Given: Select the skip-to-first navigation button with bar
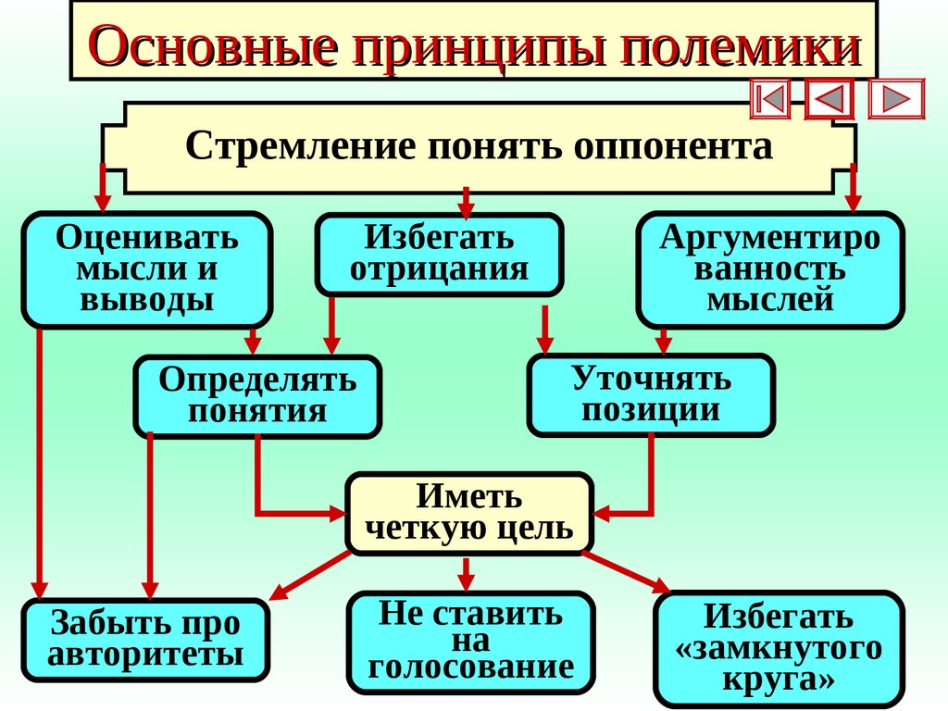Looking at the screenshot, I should [770, 99].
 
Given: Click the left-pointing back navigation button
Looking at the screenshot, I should [830, 99].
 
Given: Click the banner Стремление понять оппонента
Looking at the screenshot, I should [479, 147].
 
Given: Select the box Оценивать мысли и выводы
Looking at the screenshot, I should [147, 269].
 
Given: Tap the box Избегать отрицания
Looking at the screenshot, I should [439, 254].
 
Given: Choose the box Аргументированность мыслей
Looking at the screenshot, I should [769, 269].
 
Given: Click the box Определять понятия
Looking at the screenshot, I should [257, 395].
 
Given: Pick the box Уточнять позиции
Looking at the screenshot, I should [651, 394].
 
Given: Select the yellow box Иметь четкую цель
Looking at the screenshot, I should [468, 513].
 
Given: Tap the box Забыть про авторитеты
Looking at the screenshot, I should [145, 639].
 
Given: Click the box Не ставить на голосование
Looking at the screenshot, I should [470, 641].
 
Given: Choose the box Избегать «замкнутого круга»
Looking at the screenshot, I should [778, 648].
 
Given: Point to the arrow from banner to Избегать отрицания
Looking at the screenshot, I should [466, 200].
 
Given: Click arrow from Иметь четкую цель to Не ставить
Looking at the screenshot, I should [467, 574].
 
